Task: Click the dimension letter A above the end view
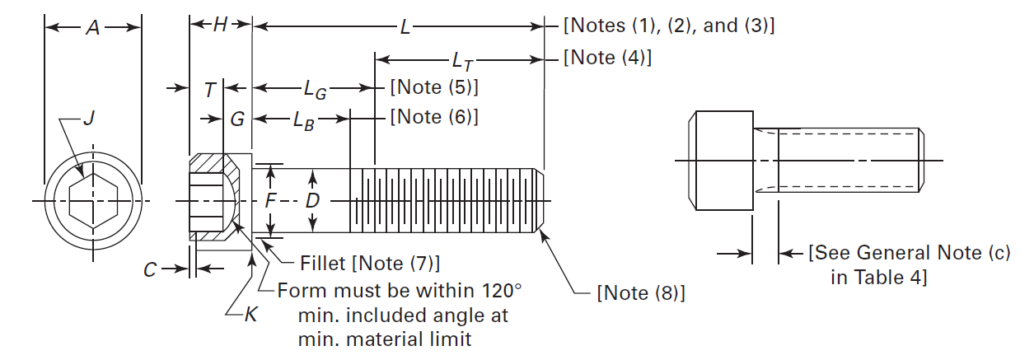[92, 27]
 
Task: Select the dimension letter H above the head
[220, 26]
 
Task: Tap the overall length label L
[405, 27]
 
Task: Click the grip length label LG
[316, 88]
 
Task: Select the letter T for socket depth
[210, 88]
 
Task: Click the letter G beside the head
[237, 119]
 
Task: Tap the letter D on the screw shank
[312, 201]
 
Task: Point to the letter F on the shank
[270, 201]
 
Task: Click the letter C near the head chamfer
[149, 269]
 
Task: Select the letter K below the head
[250, 314]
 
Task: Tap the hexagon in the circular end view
[92, 201]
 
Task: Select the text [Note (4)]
[607, 58]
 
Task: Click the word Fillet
[321, 264]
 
